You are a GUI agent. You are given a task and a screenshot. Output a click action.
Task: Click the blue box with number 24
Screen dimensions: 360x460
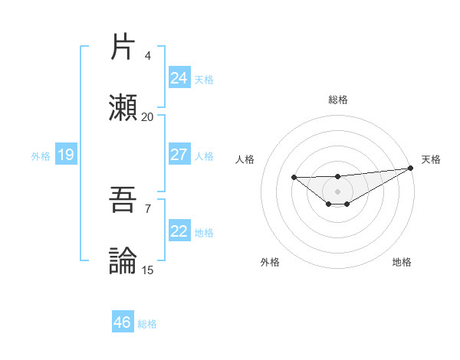coord(179,78)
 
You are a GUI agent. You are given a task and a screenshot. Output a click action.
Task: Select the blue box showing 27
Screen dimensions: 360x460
coord(179,155)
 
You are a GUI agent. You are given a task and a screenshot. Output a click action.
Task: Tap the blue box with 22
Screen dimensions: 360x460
coord(179,232)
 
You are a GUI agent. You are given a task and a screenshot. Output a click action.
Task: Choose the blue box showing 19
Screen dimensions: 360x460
coord(65,155)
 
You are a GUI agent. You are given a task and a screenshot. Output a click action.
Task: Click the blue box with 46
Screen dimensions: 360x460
coord(122,322)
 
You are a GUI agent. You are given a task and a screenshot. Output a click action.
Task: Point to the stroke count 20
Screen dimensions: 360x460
coord(147,117)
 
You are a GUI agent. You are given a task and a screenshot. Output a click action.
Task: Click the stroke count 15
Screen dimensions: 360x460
coord(147,270)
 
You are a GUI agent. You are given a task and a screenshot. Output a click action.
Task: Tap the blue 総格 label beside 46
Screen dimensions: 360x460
coord(147,324)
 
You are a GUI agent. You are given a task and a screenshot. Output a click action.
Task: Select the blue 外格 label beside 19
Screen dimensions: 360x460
coord(41,156)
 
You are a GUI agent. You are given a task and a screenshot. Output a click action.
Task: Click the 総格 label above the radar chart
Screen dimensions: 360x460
coord(337,100)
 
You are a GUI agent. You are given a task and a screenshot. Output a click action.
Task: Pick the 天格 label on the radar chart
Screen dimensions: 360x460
coord(431,159)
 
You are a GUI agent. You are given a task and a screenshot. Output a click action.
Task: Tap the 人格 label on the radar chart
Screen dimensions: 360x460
coord(245,159)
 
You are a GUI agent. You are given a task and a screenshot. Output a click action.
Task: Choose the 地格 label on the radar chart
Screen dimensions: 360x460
coord(402,262)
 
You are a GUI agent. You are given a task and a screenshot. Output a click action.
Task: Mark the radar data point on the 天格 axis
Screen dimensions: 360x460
coord(411,168)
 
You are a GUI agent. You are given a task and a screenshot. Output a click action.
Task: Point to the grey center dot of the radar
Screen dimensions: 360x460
coord(337,191)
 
